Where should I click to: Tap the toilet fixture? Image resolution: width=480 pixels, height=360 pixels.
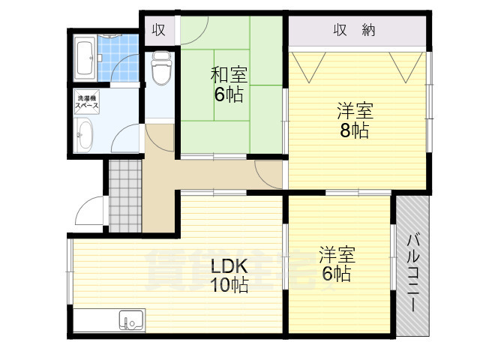tap(160, 68)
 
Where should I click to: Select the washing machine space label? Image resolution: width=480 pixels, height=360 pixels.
tap(85, 103)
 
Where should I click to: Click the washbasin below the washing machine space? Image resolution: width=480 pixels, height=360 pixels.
tap(84, 137)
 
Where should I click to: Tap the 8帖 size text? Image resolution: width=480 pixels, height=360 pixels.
tap(353, 130)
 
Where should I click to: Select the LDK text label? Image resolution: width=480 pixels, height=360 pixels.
tap(227, 265)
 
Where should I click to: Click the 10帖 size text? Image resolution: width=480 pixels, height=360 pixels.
tap(229, 285)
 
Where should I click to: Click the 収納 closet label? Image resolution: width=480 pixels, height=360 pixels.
tap(354, 31)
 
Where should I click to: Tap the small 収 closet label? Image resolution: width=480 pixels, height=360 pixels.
tap(158, 30)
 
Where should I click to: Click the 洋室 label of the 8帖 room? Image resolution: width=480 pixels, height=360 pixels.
tap(354, 111)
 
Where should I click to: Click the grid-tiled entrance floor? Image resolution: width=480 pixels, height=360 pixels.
tap(124, 197)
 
